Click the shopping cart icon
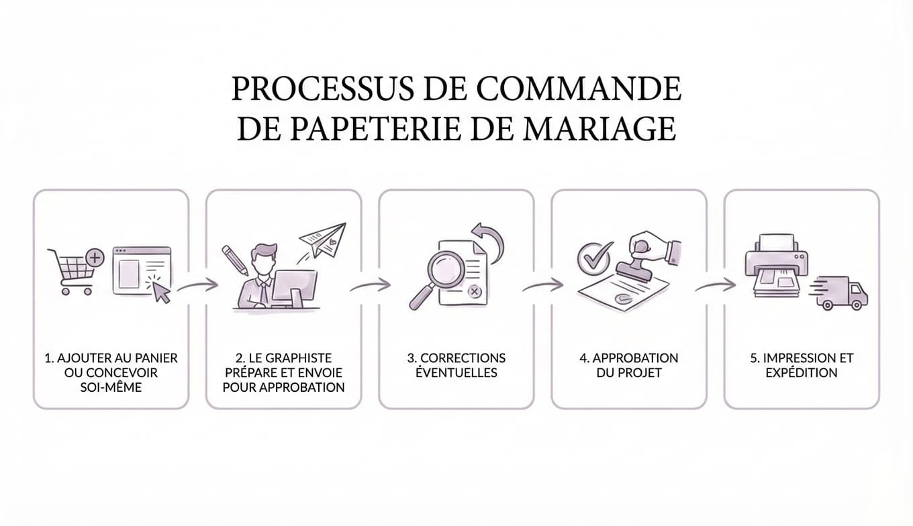coord(71,272)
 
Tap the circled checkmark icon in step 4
coord(594,257)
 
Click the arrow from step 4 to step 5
coord(716,285)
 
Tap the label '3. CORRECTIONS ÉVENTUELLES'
coord(456,365)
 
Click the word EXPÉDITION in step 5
coord(802,372)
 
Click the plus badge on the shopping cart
coord(95,256)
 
